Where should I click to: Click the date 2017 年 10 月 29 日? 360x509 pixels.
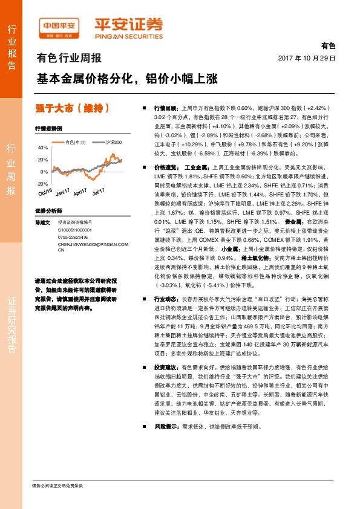306,58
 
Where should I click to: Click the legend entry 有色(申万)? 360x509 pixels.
75,142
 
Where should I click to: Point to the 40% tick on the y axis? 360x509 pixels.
42,148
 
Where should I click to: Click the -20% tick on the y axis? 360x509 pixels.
42,183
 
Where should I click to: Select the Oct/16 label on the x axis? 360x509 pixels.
45,193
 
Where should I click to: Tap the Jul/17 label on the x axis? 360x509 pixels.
99,193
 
